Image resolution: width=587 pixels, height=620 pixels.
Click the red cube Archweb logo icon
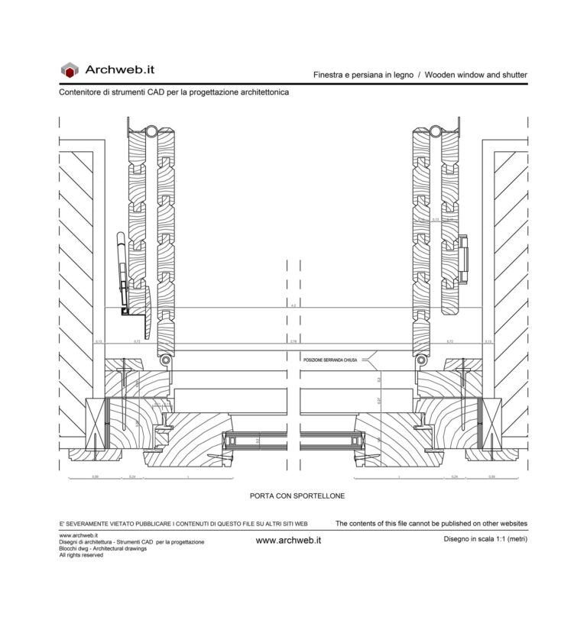[x=70, y=69]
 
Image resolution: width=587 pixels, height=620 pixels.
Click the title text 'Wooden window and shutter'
[x=475, y=75]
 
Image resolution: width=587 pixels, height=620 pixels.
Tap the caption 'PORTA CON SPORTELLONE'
[x=297, y=496]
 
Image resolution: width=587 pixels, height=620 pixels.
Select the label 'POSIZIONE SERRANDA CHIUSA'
[x=329, y=358]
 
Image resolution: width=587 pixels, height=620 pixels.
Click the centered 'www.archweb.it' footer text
[x=288, y=540]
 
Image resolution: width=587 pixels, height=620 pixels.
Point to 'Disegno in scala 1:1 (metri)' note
[x=485, y=539]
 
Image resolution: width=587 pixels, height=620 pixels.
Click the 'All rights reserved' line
[x=81, y=555]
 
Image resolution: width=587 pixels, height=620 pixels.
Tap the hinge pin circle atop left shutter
[x=152, y=131]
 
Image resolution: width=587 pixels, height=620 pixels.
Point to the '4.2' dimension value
[x=293, y=305]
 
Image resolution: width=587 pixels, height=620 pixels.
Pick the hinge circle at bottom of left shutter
[x=164, y=359]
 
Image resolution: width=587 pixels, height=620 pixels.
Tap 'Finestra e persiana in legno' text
[x=363, y=75]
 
